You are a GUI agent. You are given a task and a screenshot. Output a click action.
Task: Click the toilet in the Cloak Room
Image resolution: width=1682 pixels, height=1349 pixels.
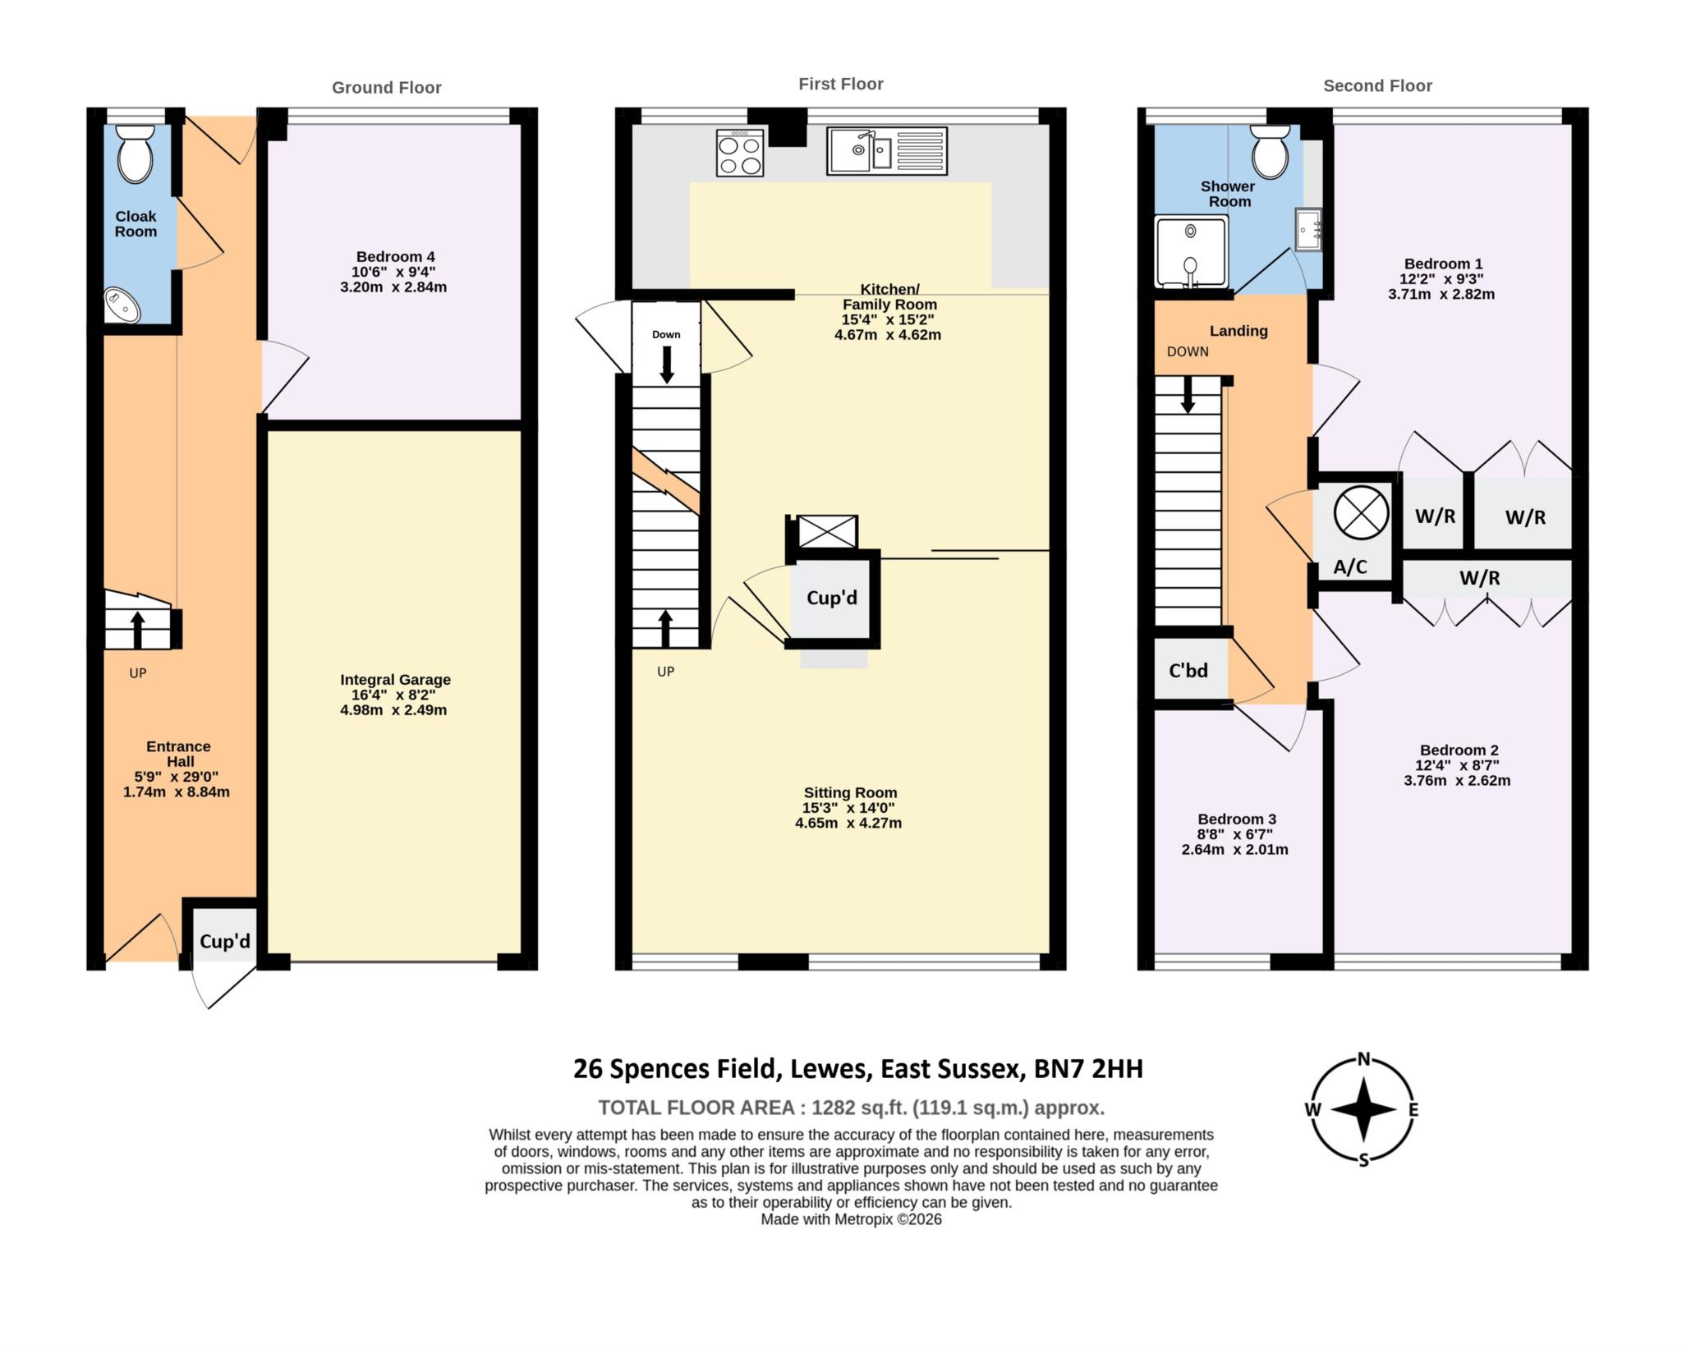[136, 154]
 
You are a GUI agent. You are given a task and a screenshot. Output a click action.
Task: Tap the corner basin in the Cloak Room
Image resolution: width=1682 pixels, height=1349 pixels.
[122, 305]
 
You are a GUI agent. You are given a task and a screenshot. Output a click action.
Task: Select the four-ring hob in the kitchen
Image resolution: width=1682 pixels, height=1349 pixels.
[739, 154]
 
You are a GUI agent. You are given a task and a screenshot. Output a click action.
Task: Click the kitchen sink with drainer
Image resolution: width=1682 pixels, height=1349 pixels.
[886, 151]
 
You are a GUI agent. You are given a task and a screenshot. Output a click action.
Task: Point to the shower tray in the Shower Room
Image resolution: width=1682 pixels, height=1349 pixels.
[1190, 250]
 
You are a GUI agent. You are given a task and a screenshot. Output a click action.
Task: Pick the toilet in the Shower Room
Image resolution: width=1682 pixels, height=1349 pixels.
[1270, 151]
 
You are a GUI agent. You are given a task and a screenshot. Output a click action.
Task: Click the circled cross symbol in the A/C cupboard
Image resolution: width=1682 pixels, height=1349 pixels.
[1361, 512]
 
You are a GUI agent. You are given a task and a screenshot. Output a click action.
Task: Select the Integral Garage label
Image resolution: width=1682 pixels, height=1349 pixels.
[395, 680]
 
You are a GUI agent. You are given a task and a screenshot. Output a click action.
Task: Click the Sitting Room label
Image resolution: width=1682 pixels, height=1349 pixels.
[849, 792]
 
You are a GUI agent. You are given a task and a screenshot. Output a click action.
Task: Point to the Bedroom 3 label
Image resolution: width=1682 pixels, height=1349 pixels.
[1236, 819]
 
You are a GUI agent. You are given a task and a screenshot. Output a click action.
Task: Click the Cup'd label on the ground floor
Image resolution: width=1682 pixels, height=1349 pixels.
[224, 941]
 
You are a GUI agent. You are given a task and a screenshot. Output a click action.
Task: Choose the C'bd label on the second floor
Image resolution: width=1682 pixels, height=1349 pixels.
[1188, 671]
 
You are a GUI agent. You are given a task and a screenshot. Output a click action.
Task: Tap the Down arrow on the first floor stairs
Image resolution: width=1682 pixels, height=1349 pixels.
[666, 364]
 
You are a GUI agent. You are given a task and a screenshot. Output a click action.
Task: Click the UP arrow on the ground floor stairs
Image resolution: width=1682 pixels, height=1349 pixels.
[137, 629]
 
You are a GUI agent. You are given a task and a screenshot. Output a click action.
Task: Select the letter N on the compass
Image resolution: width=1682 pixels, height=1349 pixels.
[1363, 1059]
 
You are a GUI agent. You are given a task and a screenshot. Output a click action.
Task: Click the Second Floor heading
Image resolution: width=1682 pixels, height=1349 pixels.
[1376, 86]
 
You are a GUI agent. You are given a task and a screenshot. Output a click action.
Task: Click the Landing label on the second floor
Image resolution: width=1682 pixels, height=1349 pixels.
[1238, 331]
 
